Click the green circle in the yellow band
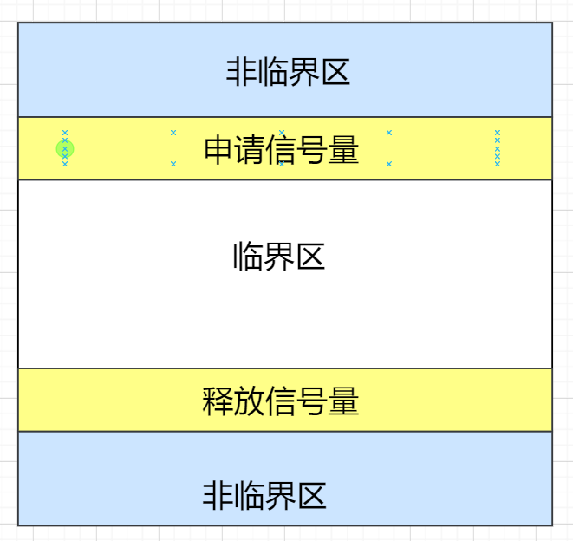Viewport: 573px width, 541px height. [64, 149]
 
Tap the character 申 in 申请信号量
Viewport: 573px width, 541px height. [218, 150]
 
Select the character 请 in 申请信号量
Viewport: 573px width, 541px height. [250, 150]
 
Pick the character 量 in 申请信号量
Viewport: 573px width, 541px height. [343, 150]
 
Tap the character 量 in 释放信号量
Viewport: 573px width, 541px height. [343, 401]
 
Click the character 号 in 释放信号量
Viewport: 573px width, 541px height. [312, 401]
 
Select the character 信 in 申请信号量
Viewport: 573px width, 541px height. [281, 150]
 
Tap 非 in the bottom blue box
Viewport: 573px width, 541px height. [218, 496]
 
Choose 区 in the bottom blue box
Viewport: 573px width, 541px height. [311, 496]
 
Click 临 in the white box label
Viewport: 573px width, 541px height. [248, 257]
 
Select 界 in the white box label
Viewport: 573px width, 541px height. [279, 257]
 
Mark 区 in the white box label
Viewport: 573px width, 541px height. [310, 257]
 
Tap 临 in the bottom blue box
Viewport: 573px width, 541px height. [249, 496]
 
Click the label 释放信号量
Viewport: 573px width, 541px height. [280, 401]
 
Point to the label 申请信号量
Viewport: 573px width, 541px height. [281, 150]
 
